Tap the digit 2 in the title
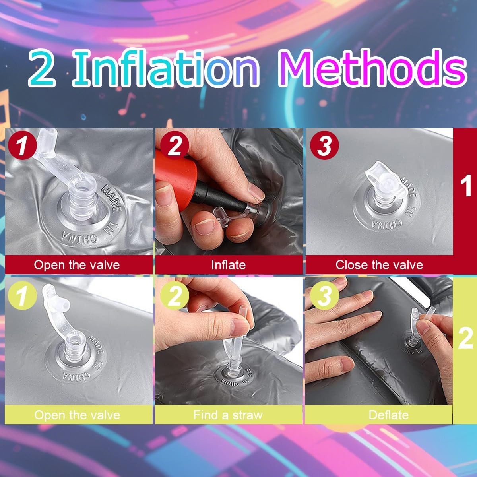pyautogui.click(x=42, y=69)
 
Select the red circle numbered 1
pyautogui.click(x=22, y=145)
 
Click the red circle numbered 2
pyautogui.click(x=175, y=145)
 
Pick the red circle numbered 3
pyautogui.click(x=324, y=145)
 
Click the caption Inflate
pyautogui.click(x=229, y=265)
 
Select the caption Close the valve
pyautogui.click(x=379, y=265)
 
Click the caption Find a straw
pyautogui.click(x=228, y=415)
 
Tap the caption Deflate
pyautogui.click(x=388, y=415)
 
